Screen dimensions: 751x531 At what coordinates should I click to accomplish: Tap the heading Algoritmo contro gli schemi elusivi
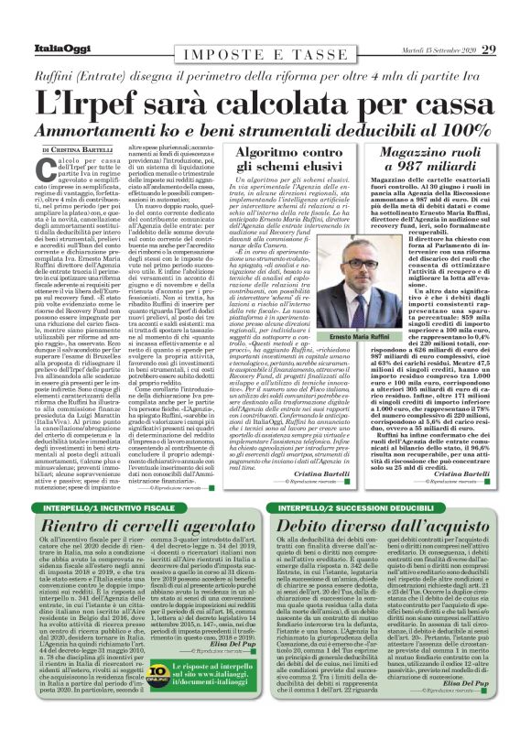276,161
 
